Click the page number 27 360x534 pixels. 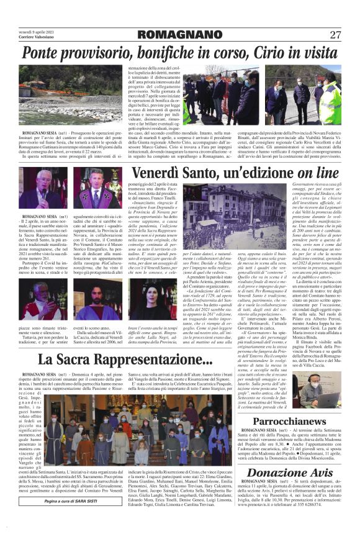(x=335, y=34)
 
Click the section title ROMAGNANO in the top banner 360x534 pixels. (x=180, y=34)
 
